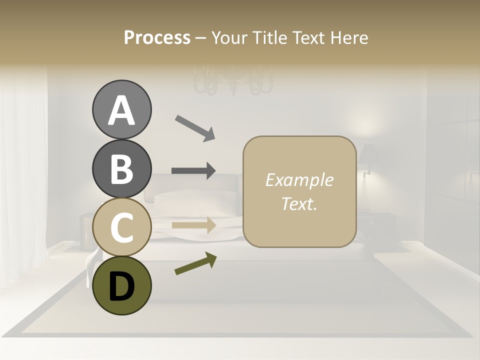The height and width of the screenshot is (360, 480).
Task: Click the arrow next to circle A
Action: [195, 127]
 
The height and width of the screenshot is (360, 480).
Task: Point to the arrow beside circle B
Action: [193, 171]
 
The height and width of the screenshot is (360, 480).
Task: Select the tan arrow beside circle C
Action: [194, 225]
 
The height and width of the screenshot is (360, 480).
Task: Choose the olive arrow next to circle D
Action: [195, 263]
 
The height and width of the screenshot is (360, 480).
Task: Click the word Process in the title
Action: [157, 38]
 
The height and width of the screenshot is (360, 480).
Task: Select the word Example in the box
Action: [299, 180]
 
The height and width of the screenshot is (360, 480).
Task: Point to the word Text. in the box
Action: [299, 203]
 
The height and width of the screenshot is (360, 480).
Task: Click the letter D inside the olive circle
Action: [121, 286]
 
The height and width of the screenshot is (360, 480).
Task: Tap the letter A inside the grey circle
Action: [121, 110]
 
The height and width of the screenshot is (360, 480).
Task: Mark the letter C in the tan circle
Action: [121, 227]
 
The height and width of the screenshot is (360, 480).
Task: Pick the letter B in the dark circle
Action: [121, 169]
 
